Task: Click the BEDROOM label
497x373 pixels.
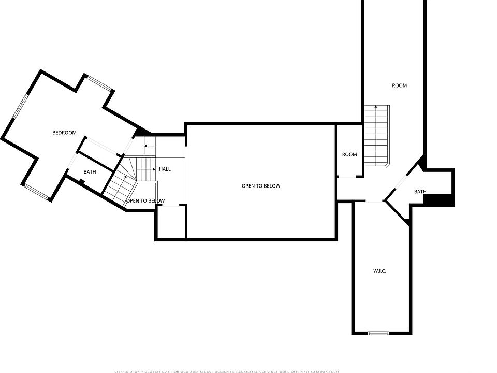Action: click(64, 133)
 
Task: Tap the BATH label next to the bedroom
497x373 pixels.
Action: click(90, 172)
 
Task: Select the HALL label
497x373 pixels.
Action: click(165, 169)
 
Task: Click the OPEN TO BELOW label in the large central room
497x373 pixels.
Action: click(261, 186)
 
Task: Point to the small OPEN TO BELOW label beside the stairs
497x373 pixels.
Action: click(145, 201)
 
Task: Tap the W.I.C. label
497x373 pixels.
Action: click(380, 271)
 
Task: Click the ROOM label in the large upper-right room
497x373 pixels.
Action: click(399, 85)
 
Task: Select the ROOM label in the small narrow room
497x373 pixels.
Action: click(349, 154)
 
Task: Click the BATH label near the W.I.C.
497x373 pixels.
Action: click(420, 192)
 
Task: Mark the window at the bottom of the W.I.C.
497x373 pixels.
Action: click(378, 333)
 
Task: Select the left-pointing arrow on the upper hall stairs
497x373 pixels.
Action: click(146, 146)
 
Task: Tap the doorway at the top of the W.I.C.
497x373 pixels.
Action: click(373, 202)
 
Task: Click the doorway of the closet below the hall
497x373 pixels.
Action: click(171, 206)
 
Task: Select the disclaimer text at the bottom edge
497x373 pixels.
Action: click(227, 371)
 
